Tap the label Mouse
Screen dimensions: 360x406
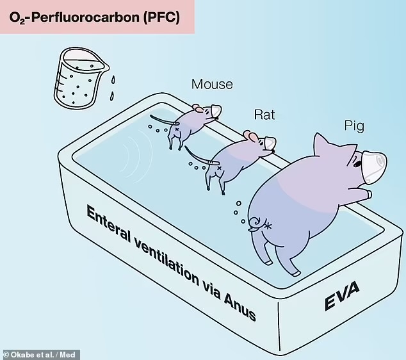pos(212,84)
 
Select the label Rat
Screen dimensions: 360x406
pos(264,115)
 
